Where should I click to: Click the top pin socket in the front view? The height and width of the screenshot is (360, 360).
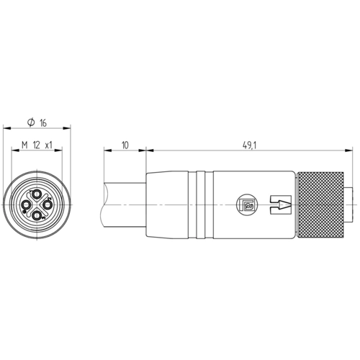tap(37, 194)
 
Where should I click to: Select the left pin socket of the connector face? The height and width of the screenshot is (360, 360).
tap(26, 205)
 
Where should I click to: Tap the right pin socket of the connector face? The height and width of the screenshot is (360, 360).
tap(48, 205)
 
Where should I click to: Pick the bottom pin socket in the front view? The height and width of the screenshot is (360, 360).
tap(37, 216)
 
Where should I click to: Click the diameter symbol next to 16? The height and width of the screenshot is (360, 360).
tap(31, 122)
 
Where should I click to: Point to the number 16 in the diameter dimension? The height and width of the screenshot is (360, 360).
tap(43, 123)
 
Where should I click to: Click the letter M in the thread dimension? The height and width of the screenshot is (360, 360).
tap(24, 145)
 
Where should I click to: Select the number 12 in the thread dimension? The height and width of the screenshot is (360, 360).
tap(37, 145)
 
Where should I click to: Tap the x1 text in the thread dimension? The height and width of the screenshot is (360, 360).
tap(49, 145)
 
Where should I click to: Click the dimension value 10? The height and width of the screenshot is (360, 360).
tap(125, 145)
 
